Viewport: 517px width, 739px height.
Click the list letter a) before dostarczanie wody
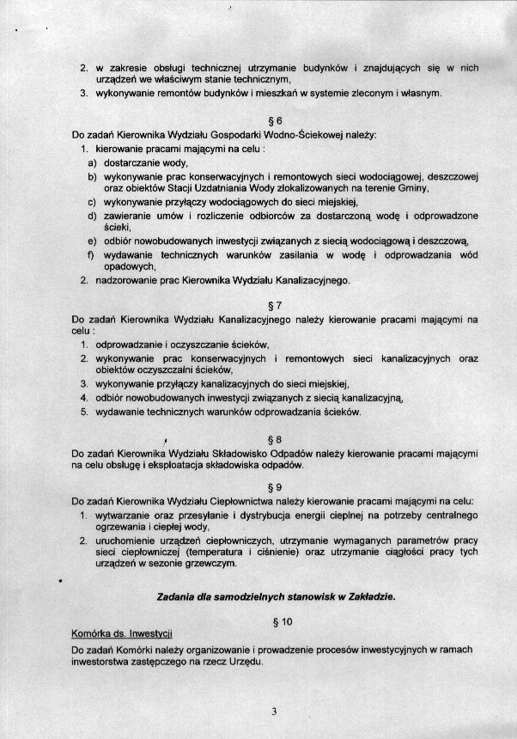[x=92, y=162]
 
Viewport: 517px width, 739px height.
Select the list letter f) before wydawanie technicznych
[x=92, y=255]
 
